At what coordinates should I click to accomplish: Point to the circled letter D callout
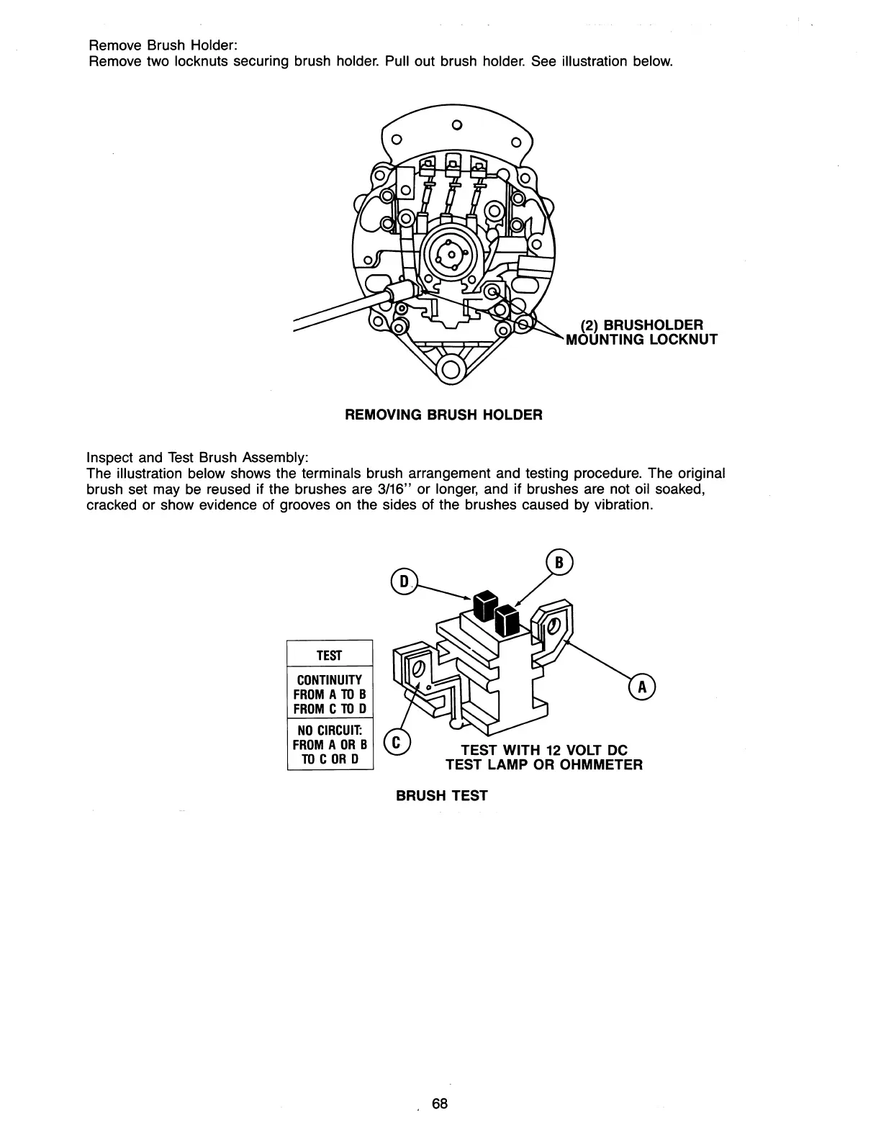pyautogui.click(x=404, y=581)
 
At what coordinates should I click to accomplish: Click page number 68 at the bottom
pyautogui.click(x=440, y=1104)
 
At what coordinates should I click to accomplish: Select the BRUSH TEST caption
pyautogui.click(x=442, y=795)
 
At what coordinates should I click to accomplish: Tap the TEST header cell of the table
pyautogui.click(x=330, y=656)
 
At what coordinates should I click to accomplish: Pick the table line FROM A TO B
pyautogui.click(x=330, y=695)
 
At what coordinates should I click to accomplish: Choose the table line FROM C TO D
pyautogui.click(x=330, y=709)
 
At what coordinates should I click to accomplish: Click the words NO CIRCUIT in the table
pyautogui.click(x=330, y=730)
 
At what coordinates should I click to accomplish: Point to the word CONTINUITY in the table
pyautogui.click(x=330, y=680)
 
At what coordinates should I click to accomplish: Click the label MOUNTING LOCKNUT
pyautogui.click(x=642, y=340)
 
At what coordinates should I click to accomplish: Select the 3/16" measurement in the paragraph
pyautogui.click(x=393, y=489)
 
